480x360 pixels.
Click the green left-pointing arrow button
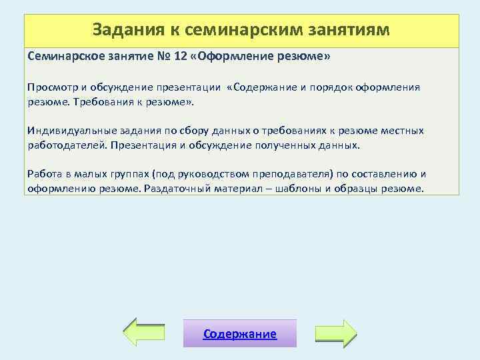(x=145, y=333)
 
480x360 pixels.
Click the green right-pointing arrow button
(x=335, y=333)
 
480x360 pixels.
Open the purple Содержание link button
(x=240, y=333)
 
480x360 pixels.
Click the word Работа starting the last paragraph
(x=43, y=174)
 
